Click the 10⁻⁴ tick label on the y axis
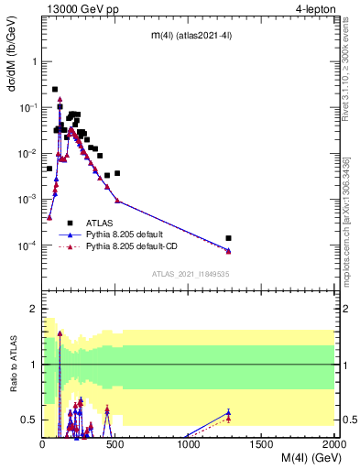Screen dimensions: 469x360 [27, 245]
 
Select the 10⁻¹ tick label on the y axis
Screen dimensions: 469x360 [27, 108]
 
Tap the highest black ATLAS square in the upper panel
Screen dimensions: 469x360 [55, 90]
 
